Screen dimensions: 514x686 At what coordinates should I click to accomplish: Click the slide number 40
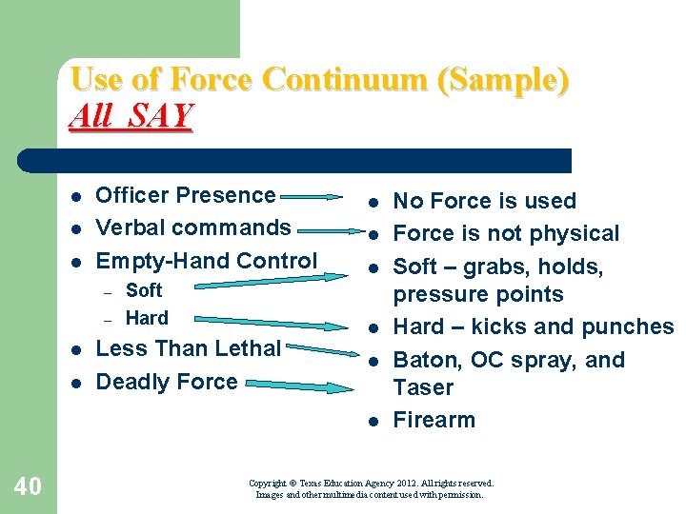pyautogui.click(x=28, y=487)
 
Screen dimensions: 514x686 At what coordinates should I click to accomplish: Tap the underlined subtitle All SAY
pyautogui.click(x=131, y=116)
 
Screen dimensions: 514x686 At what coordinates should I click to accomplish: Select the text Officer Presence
pyautogui.click(x=186, y=195)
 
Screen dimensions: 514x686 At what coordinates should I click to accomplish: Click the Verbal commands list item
pyautogui.click(x=193, y=227)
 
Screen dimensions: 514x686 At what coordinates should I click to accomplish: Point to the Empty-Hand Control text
pyautogui.click(x=207, y=261)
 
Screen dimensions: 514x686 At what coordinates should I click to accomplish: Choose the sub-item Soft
pyautogui.click(x=144, y=290)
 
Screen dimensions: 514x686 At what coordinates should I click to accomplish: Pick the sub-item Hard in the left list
pyautogui.click(x=147, y=318)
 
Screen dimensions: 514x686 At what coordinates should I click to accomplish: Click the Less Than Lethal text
pyautogui.click(x=189, y=348)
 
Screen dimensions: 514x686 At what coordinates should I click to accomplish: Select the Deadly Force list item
pyautogui.click(x=167, y=382)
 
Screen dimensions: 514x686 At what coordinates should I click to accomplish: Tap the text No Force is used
pyautogui.click(x=484, y=201)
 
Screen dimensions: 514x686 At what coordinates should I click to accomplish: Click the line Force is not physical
pyautogui.click(x=506, y=233)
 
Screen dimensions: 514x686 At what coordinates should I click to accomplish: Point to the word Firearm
pyautogui.click(x=434, y=420)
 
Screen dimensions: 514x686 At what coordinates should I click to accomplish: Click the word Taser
pyautogui.click(x=424, y=387)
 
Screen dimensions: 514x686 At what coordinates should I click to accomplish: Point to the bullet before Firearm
pyautogui.click(x=373, y=421)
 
